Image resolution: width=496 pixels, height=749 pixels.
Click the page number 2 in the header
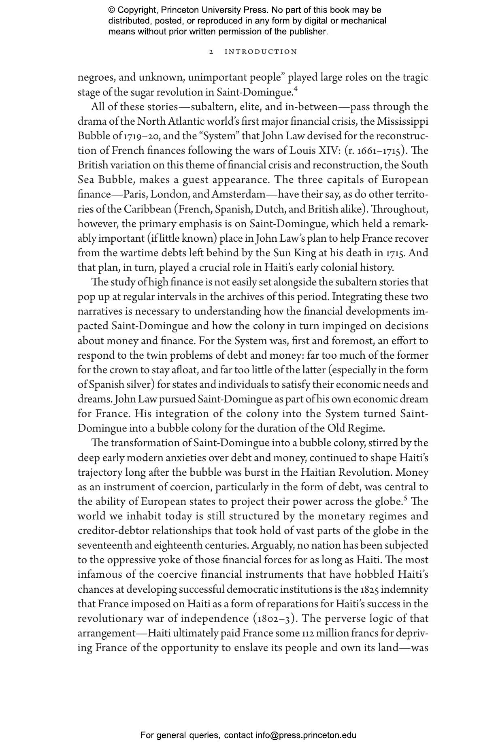[211, 52]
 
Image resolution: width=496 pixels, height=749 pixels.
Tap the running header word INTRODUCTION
[261, 52]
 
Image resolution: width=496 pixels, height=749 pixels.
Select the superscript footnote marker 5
[405, 498]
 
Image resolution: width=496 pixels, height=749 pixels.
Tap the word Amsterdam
[238, 194]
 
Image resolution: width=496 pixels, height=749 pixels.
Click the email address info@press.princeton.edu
[306, 735]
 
